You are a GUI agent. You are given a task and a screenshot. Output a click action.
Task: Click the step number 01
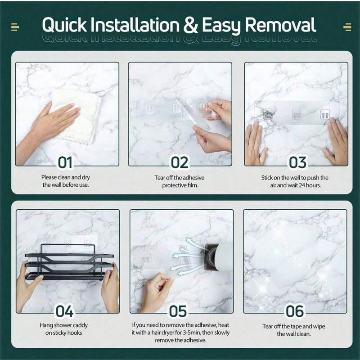[x=65, y=162]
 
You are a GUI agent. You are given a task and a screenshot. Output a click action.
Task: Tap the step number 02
[x=180, y=162]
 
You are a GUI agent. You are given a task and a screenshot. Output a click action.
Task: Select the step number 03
[x=297, y=162]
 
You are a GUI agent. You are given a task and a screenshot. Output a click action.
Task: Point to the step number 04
[x=64, y=311]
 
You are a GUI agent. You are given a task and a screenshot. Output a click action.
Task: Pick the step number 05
[x=178, y=311]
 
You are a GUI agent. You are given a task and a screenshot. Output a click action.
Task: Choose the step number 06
[x=295, y=311]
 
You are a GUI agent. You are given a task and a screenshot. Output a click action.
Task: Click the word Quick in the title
[x=64, y=25]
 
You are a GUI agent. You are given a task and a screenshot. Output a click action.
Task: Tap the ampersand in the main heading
[x=190, y=25]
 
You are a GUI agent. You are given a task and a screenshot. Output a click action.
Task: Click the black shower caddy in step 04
[x=69, y=262]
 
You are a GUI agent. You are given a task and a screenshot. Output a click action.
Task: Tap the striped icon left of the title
[x=15, y=27]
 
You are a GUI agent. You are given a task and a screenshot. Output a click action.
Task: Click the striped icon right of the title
[x=347, y=27]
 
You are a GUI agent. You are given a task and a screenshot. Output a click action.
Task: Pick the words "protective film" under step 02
[x=180, y=185]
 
